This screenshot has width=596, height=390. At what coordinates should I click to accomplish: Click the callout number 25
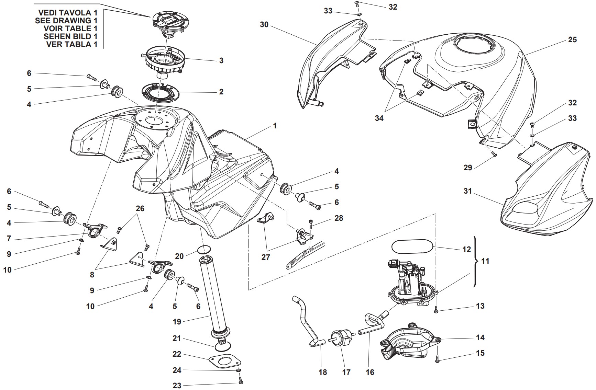tap(572, 40)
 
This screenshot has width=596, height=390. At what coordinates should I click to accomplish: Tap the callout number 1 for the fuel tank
tap(275, 126)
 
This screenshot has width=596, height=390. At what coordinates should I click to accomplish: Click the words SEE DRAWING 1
tap(66, 21)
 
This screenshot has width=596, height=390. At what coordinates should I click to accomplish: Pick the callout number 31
tap(468, 191)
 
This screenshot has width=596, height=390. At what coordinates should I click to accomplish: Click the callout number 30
tap(264, 25)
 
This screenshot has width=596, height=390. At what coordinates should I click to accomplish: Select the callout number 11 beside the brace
tap(485, 261)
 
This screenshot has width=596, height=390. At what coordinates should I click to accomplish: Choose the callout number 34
tap(379, 118)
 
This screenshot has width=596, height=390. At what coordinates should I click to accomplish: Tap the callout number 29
tap(468, 168)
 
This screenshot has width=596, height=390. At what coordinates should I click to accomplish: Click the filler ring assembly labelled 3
tap(164, 61)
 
